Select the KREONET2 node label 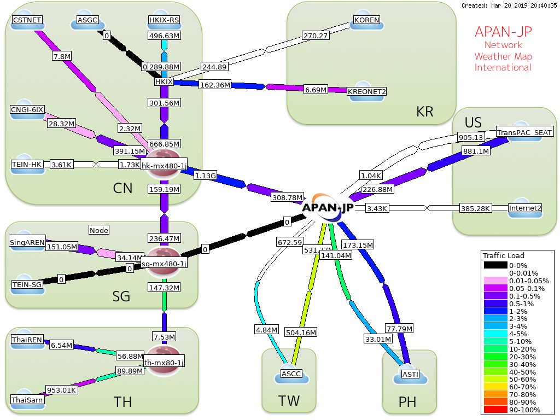366,91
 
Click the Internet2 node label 525,208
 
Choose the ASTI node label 410,374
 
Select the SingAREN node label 27,243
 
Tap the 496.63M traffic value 165,36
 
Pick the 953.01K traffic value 61,390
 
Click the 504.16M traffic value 301,332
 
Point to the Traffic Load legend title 503,255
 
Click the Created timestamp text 509,5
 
